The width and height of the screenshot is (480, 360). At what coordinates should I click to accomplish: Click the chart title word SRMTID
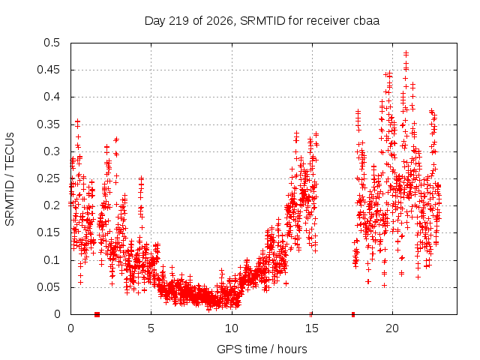pos(262,21)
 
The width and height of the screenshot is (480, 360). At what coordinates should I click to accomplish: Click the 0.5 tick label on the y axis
pos(52,43)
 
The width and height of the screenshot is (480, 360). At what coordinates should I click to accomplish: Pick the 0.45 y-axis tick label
pos(48,70)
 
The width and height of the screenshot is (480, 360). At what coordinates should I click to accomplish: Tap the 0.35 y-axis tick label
pos(48,124)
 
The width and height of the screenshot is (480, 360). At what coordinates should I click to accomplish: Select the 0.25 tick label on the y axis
pos(48,178)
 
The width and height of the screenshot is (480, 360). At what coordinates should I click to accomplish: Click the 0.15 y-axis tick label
pos(48,232)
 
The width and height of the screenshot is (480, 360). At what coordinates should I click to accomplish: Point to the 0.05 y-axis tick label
pos(48,287)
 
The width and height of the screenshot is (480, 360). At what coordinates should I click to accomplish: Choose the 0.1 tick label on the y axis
pos(52,260)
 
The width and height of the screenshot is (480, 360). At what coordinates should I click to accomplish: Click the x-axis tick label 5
pos(151,328)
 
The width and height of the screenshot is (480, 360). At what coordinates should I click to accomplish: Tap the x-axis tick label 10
pos(232,328)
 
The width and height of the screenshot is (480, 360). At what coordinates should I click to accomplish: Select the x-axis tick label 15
pos(312,328)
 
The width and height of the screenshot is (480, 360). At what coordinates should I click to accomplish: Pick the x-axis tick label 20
pos(392,328)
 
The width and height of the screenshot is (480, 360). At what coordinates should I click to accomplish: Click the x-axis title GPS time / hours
pos(262,349)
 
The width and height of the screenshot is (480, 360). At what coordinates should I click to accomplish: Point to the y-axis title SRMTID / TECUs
pos(10,179)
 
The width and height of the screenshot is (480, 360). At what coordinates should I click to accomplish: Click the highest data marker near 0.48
pos(406,54)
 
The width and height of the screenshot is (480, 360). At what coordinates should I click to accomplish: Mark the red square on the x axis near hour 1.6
pos(97,314)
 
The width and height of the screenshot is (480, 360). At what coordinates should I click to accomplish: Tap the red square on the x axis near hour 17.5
pos(353,314)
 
